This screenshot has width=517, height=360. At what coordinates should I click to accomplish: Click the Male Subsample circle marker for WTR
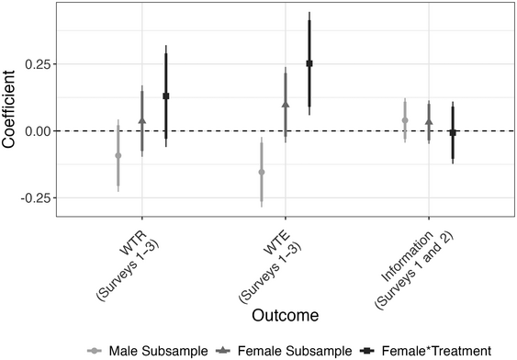[x=118, y=155]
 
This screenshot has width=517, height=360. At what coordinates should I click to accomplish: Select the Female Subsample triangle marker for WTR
[x=141, y=120]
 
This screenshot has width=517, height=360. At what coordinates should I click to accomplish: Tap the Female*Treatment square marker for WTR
[x=166, y=96]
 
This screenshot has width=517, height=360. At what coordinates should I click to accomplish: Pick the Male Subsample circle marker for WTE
[x=262, y=172]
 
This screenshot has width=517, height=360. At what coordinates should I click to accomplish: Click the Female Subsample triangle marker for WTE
[x=286, y=105]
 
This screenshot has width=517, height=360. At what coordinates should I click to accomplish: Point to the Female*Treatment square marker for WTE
[x=309, y=63]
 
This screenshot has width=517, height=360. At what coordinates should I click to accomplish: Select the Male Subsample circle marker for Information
[x=405, y=120]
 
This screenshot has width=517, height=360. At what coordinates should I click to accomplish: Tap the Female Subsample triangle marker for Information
[x=429, y=121]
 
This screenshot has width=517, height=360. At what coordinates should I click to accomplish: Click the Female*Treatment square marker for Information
[x=453, y=132]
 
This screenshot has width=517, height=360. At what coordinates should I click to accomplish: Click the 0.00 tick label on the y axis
[x=39, y=131]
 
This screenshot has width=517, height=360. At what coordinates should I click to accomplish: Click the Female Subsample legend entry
[x=279, y=350]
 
